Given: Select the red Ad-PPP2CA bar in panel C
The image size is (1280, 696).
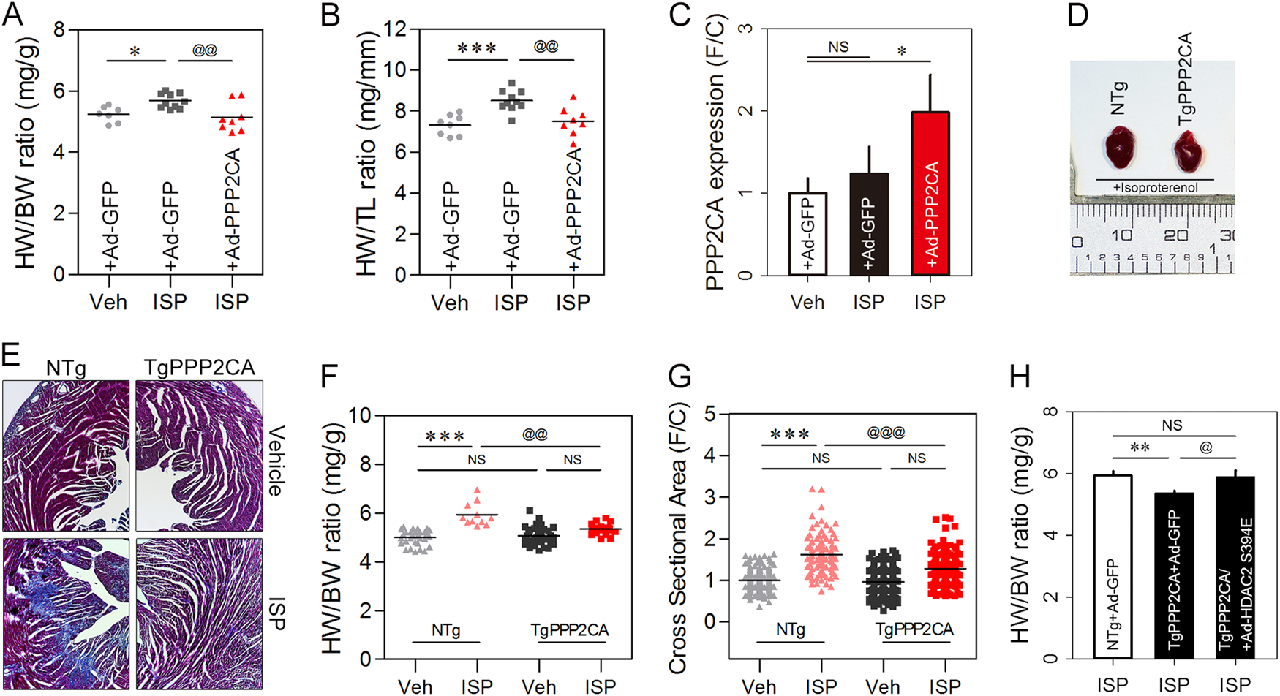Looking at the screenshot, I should click(930, 194).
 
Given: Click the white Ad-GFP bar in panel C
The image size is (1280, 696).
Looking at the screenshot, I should click(807, 234).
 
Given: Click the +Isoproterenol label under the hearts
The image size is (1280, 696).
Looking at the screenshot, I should click(1156, 188).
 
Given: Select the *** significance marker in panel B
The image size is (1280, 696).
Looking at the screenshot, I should click(477, 49).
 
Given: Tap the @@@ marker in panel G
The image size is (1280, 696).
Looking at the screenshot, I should click(886, 432).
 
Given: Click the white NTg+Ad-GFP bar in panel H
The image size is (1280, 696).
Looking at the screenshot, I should click(1113, 567).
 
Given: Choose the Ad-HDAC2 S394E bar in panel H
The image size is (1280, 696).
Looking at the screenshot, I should click(1236, 567).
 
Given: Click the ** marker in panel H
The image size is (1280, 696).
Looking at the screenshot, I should click(1140, 447).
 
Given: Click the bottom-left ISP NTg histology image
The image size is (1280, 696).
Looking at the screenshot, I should click(66, 614).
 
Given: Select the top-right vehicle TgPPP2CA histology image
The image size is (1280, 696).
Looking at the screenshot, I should click(199, 455).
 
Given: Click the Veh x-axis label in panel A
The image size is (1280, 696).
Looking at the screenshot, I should click(108, 302).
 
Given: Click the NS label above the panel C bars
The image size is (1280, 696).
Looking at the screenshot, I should click(838, 48).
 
